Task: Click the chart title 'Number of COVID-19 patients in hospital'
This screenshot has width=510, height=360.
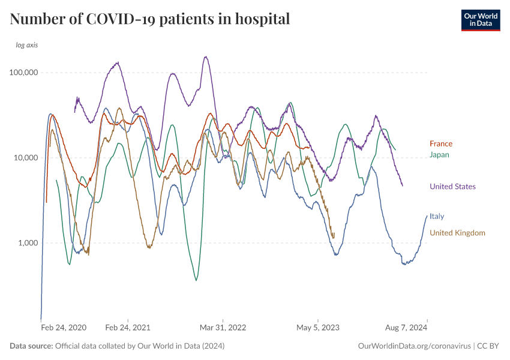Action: point(150,19)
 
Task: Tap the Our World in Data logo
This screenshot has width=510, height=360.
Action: point(480,20)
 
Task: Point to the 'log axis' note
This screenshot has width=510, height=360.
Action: point(27,45)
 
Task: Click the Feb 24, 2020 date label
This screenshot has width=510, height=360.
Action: point(64,328)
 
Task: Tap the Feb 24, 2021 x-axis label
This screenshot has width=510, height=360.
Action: point(128,328)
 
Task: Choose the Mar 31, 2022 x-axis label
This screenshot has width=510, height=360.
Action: point(223,328)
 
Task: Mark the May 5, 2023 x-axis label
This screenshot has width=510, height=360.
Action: point(318,328)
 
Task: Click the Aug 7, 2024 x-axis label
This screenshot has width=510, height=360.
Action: point(407,328)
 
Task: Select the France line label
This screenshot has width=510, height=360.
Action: point(441,144)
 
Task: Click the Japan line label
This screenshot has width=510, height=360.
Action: point(440,155)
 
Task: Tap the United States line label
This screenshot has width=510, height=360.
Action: point(452,187)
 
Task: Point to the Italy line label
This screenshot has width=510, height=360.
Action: point(437,216)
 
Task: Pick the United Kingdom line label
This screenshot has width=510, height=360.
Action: point(457,233)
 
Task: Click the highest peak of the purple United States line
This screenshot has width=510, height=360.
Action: point(206,57)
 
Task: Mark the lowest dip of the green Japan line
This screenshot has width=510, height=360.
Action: point(196,280)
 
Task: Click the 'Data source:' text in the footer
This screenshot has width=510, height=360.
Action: point(31,346)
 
